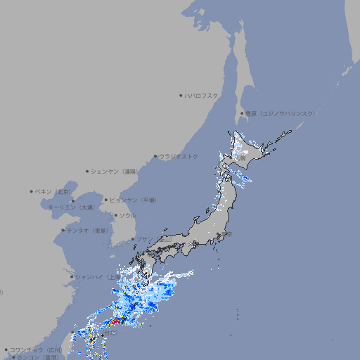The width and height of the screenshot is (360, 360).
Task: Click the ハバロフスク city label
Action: [202, 95]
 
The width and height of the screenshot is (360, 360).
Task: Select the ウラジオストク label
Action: [179, 156]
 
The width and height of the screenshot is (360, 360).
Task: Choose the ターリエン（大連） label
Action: [71, 207]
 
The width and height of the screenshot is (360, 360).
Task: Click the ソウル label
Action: [127, 215]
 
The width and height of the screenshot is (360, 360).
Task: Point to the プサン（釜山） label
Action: [153, 239]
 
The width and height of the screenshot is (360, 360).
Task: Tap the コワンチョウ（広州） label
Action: [36, 349]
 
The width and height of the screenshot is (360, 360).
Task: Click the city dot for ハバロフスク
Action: [181, 95]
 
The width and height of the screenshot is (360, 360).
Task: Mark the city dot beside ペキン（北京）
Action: [32, 191]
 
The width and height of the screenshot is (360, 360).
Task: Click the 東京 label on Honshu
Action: [227, 234]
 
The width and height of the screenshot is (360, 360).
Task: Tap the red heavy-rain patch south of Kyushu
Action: [115, 322]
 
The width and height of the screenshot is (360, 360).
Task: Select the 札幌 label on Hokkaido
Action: [240, 157]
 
